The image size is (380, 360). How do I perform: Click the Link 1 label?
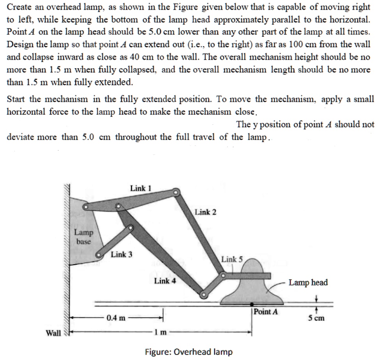140,188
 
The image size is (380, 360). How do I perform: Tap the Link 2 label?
205,212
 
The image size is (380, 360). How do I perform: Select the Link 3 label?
122,255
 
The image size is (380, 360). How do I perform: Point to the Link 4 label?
165,280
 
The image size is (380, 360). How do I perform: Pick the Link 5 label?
232,259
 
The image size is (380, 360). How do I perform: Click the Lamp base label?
83,237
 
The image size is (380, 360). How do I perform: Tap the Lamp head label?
308,282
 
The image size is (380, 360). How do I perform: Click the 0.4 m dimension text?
116,318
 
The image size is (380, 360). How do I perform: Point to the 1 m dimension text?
159,333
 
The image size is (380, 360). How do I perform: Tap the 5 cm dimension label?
316,318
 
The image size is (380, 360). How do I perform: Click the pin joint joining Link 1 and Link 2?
176,192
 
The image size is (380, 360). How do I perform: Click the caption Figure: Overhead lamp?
189,352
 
